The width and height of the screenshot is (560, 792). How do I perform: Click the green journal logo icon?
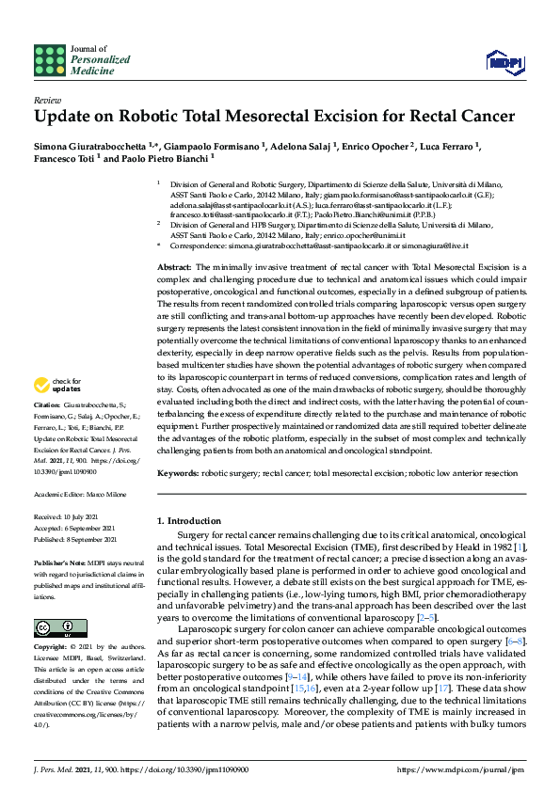47,58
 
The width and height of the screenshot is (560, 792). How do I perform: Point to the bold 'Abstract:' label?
175,268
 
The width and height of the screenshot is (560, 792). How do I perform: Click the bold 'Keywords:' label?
178,473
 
